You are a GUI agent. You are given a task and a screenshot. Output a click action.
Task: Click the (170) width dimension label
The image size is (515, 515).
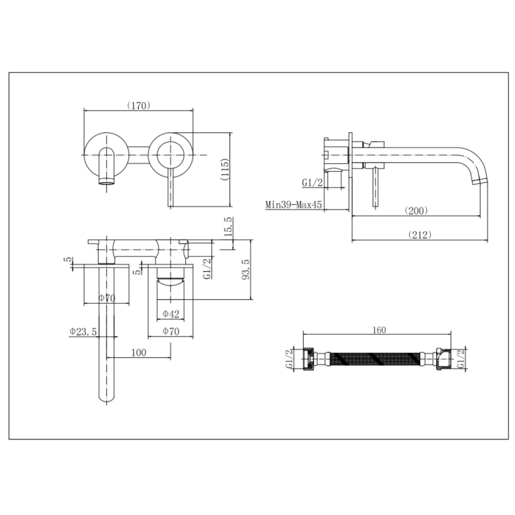coord(138,105)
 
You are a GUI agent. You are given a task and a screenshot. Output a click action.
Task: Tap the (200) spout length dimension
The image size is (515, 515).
coord(416,211)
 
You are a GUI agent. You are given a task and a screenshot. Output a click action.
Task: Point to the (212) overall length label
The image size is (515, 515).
coord(419,235)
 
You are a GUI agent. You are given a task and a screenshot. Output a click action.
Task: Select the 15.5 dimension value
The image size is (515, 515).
coord(228,227)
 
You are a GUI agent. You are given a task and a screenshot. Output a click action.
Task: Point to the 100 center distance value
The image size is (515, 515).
coord(138,353)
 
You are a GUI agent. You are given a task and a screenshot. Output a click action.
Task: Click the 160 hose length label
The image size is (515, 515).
coord(378,330)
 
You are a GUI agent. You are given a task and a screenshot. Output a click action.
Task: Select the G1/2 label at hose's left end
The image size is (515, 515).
coord(289,360)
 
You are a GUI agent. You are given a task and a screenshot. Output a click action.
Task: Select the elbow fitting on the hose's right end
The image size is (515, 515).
coord(442,360)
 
